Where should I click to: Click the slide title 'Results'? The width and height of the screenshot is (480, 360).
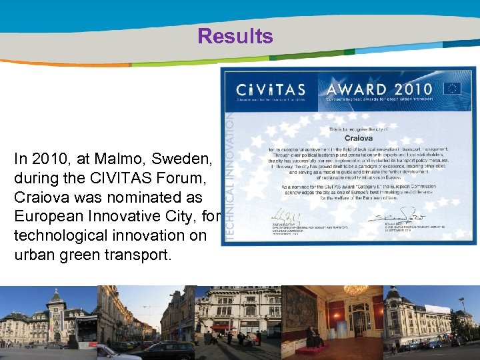pos(235,36)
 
